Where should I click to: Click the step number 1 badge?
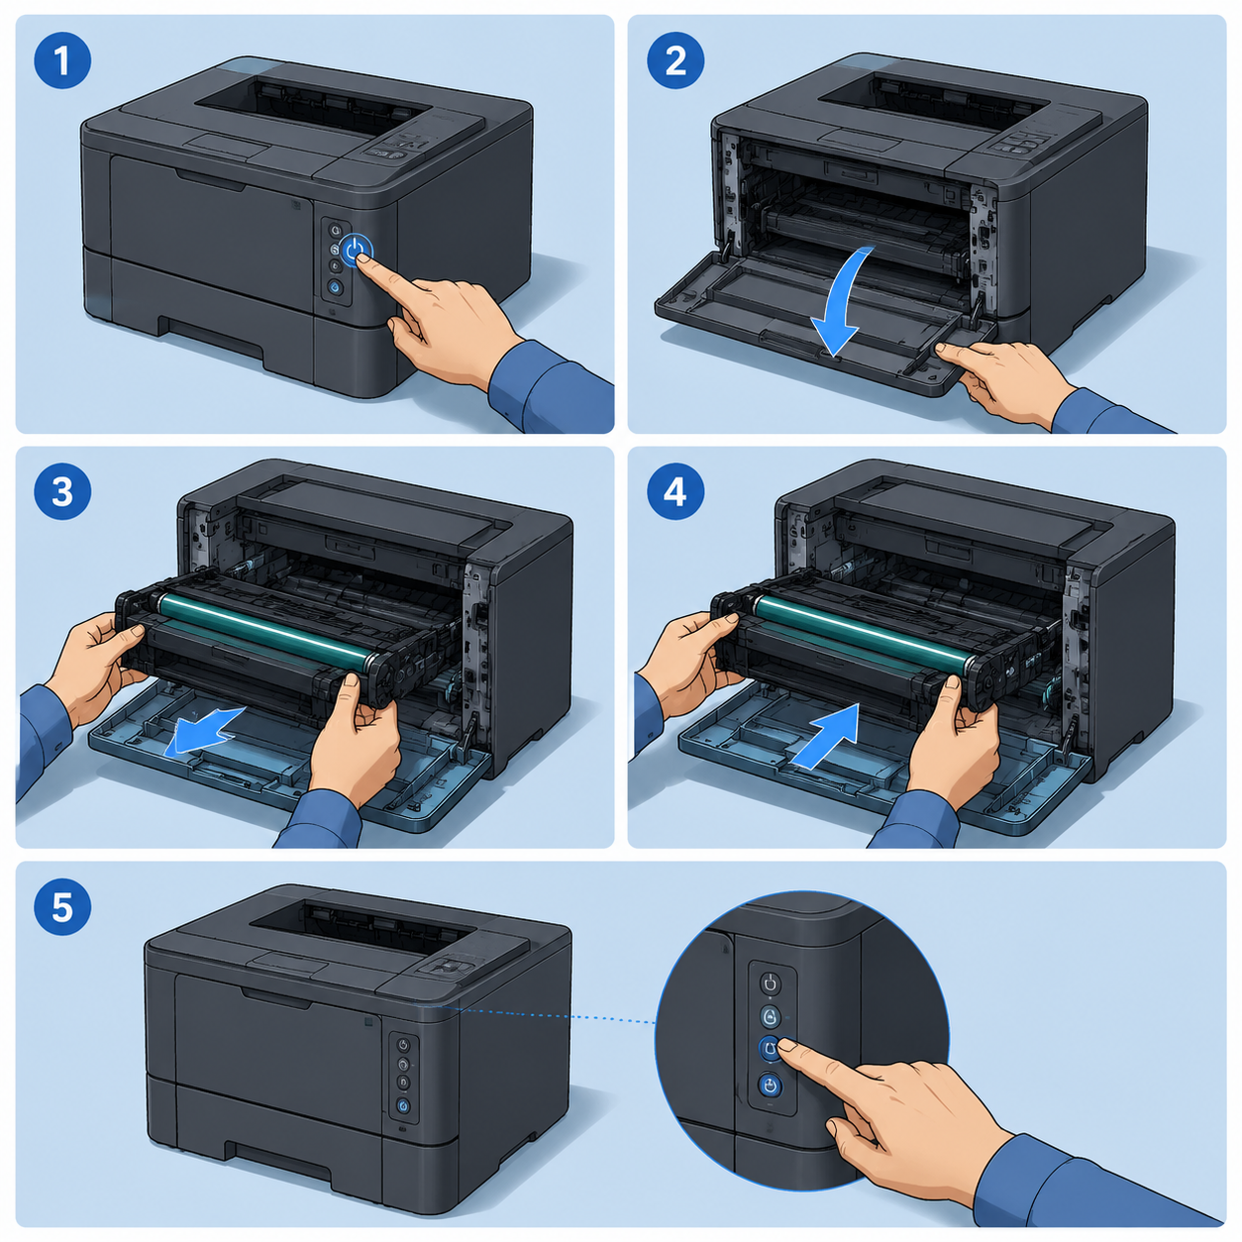61,60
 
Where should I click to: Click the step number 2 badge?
674,60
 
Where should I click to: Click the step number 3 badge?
61,492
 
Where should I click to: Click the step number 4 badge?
674,492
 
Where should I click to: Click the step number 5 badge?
61,907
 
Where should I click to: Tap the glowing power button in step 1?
356,252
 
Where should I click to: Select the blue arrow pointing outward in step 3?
204,730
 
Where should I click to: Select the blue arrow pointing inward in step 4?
827,736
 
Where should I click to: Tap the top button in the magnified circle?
770,983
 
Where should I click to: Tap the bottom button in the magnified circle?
770,1087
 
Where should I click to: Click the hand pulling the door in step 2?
1002,381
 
